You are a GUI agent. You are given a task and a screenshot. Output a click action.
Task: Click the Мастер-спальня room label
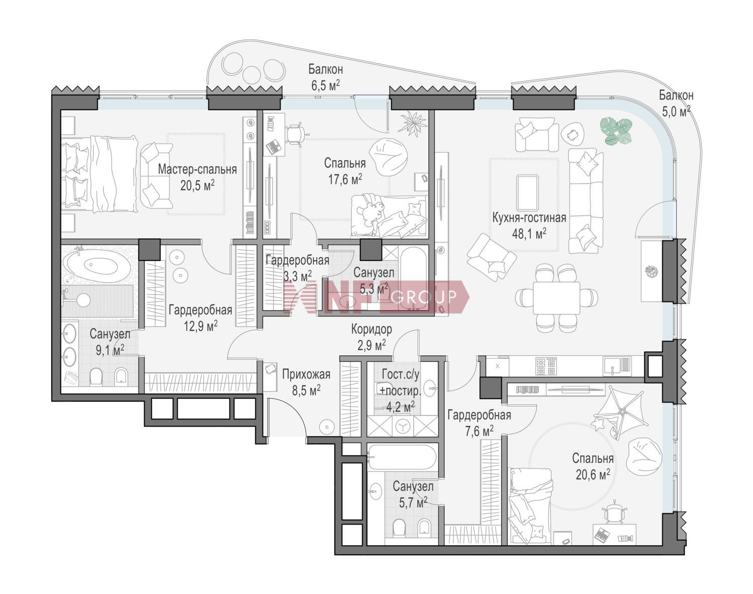197,169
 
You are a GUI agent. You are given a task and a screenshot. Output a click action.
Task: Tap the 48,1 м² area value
529,234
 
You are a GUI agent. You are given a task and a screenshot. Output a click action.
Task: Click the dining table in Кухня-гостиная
556,298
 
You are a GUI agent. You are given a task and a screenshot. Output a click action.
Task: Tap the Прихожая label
306,374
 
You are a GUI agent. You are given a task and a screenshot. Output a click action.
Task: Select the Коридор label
371,329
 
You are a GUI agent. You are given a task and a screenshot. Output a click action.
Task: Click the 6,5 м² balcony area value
325,85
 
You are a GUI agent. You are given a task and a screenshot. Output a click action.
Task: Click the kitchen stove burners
546,366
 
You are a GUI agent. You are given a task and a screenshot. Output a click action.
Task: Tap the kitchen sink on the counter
616,366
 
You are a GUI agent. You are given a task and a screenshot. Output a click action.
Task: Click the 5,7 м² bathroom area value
413,503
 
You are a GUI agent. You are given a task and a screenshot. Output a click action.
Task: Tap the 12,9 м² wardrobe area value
200,327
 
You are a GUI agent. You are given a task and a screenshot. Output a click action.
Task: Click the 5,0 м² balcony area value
676,112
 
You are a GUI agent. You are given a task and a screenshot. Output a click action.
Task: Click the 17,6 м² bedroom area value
345,180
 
